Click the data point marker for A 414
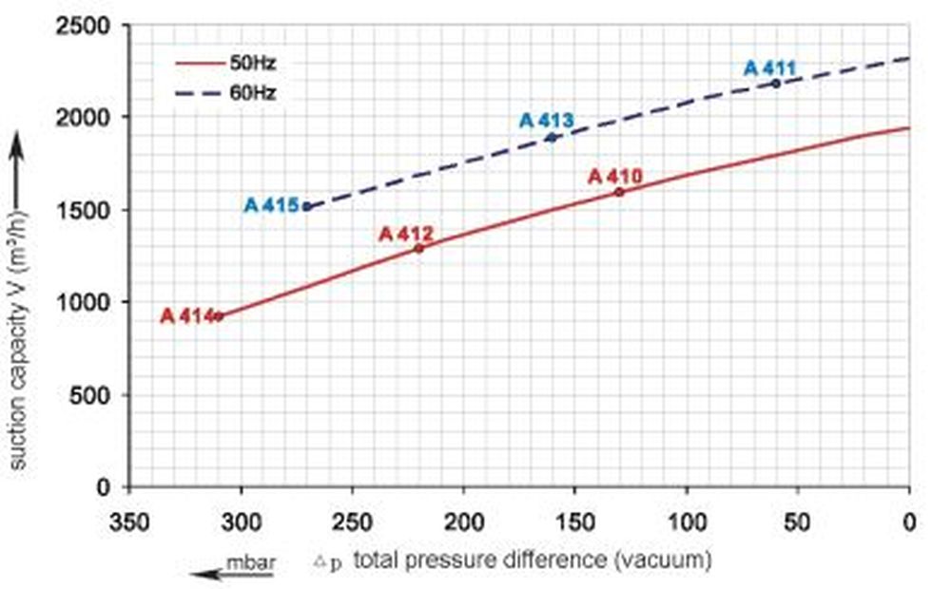point(219,316)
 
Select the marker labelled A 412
point(418,249)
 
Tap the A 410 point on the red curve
point(619,192)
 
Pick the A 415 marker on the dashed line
point(306,206)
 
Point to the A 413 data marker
point(552,138)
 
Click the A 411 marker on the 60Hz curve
point(776,84)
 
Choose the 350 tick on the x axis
point(128,522)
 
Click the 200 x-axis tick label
point(463,522)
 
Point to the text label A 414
point(186,316)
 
